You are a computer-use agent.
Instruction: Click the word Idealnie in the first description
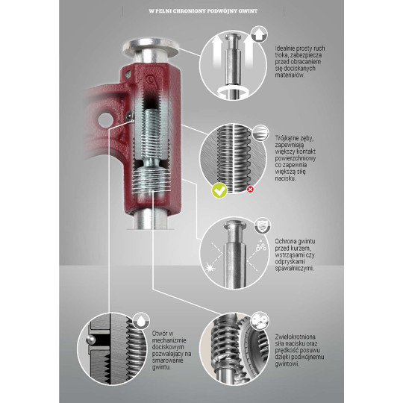coord(287,49)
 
